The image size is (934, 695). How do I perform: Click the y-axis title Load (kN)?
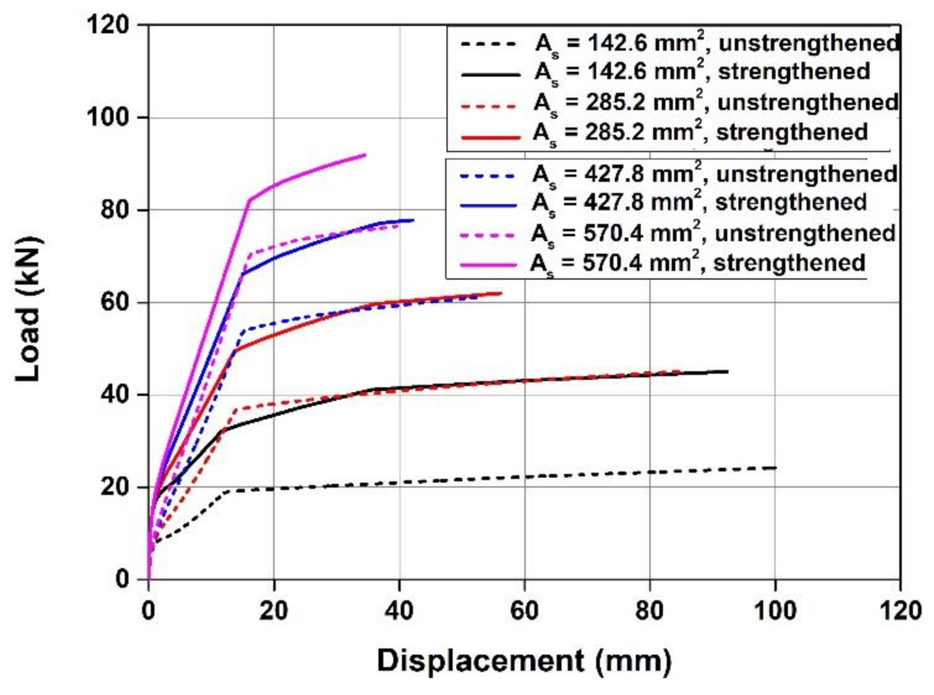28,309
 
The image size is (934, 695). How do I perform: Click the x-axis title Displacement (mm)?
523,661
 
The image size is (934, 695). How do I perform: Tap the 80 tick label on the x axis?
649,611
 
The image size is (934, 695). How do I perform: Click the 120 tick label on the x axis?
899,611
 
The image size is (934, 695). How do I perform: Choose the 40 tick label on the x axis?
399,611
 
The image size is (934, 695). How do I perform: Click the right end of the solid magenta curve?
365,154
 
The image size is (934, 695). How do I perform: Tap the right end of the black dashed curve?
775,468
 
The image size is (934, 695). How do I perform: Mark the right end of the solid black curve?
727,372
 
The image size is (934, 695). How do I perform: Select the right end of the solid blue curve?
413,220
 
